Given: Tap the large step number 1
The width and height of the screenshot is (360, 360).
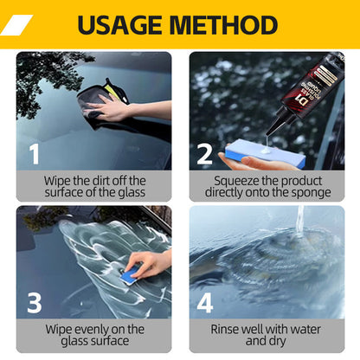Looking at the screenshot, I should click(x=35, y=155).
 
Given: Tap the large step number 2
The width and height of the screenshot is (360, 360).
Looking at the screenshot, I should click(x=204, y=155).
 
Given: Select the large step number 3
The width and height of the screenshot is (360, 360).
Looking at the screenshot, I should click(x=35, y=304).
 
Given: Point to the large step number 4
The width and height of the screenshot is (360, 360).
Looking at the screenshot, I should click(x=204, y=304).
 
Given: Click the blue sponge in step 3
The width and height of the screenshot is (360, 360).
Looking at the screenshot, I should click(x=130, y=274).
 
